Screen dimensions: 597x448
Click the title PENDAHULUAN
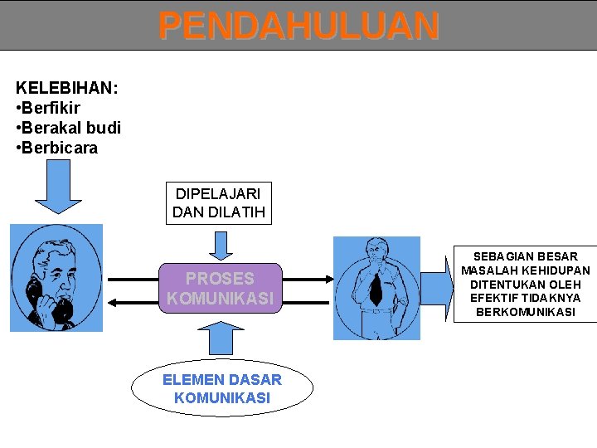pos(298,26)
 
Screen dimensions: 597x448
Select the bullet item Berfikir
pos(51,109)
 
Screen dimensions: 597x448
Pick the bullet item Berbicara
pos(60,149)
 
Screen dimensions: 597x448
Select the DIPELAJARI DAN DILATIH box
pos(219,202)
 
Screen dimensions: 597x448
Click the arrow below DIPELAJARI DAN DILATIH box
pos(220,246)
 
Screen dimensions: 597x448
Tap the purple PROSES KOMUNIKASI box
pos(220,288)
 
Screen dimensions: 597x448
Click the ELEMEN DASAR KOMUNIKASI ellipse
pos(222,388)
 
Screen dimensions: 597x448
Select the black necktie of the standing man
pos(376,287)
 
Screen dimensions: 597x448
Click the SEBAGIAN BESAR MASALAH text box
pos(525,285)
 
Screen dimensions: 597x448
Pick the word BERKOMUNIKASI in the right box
pos(525,313)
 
